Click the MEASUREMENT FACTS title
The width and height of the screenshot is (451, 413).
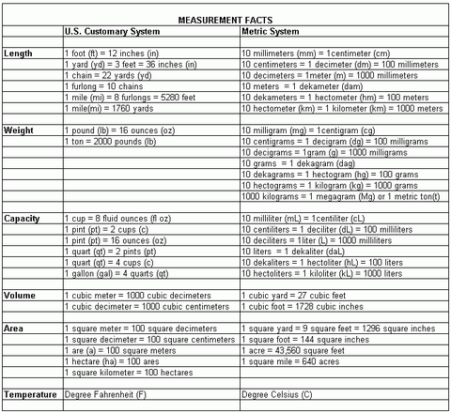[225, 19]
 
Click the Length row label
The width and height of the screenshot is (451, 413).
[19, 54]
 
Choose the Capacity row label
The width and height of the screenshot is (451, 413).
[23, 218]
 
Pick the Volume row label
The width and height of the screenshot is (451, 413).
[22, 295]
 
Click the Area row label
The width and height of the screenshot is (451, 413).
[15, 328]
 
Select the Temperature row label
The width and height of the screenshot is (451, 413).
[30, 394]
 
